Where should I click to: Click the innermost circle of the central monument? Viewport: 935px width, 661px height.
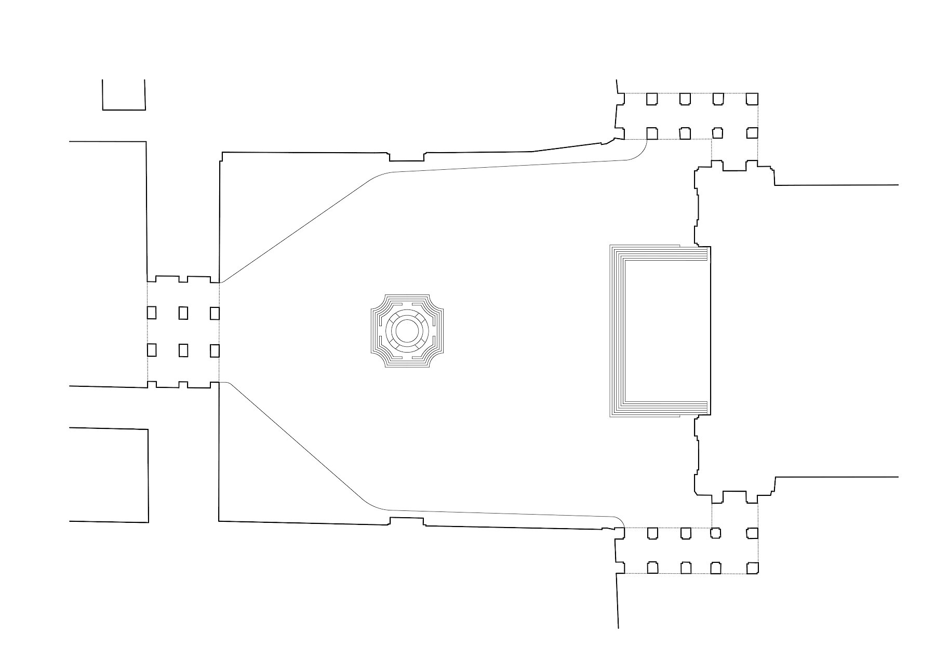pos(407,330)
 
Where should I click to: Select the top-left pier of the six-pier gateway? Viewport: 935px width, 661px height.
pos(152,313)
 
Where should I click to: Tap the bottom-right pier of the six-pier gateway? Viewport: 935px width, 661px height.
pos(215,351)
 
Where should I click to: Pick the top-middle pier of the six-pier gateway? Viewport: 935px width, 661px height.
pos(183,313)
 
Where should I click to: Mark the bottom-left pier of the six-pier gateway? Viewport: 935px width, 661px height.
pos(152,350)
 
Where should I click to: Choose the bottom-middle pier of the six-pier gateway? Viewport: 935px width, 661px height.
pos(183,350)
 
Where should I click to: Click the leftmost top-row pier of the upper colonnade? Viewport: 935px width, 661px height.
pos(652,99)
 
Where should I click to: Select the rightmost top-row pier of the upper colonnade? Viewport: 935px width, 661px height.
pos(752,99)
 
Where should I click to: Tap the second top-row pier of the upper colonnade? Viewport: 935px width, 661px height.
pos(685,99)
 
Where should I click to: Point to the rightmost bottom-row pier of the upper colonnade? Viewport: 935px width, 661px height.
pos(752,133)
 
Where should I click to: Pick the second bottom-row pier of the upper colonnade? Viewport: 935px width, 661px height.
pos(685,133)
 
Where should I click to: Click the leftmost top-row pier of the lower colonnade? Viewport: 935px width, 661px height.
pos(652,533)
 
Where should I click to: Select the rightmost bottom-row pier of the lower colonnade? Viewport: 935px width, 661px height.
pos(752,568)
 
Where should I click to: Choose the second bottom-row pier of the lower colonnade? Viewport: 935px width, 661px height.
pos(686,568)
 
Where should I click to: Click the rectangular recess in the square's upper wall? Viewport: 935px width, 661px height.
pos(407,157)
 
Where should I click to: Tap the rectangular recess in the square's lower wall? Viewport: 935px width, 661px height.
pos(407,521)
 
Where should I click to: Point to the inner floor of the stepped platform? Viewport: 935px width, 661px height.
pos(666,331)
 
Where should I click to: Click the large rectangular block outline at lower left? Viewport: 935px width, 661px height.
pos(109,475)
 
